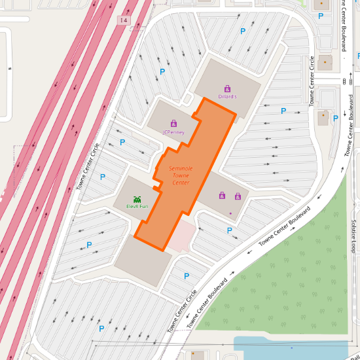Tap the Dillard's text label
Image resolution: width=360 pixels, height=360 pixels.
tap(227, 97)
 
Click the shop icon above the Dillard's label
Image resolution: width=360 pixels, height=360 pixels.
tap(227, 88)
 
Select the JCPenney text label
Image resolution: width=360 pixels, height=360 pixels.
tap(173, 132)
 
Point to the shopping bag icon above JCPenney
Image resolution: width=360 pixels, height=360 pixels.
tap(173, 122)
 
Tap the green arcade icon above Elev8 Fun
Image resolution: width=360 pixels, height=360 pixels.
tap(137, 198)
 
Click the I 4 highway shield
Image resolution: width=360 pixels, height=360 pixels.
tap(123, 21)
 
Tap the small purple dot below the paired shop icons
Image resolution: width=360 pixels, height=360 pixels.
tap(230, 213)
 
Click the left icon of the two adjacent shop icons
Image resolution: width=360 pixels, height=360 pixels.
tap(223, 196)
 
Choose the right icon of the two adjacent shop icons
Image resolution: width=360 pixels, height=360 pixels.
tap(238, 196)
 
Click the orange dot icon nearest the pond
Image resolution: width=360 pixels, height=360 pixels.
tap(193, 353)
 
